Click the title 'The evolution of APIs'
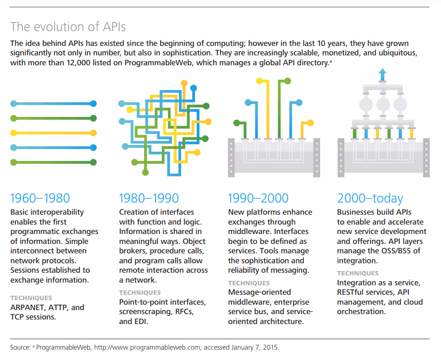(x=68, y=27)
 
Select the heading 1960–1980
(x=40, y=198)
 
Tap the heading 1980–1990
(x=149, y=198)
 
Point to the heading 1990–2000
(x=258, y=198)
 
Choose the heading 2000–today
(x=370, y=198)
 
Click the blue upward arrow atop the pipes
(x=382, y=73)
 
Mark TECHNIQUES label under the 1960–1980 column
(x=31, y=298)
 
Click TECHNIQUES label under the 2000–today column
(x=358, y=273)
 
